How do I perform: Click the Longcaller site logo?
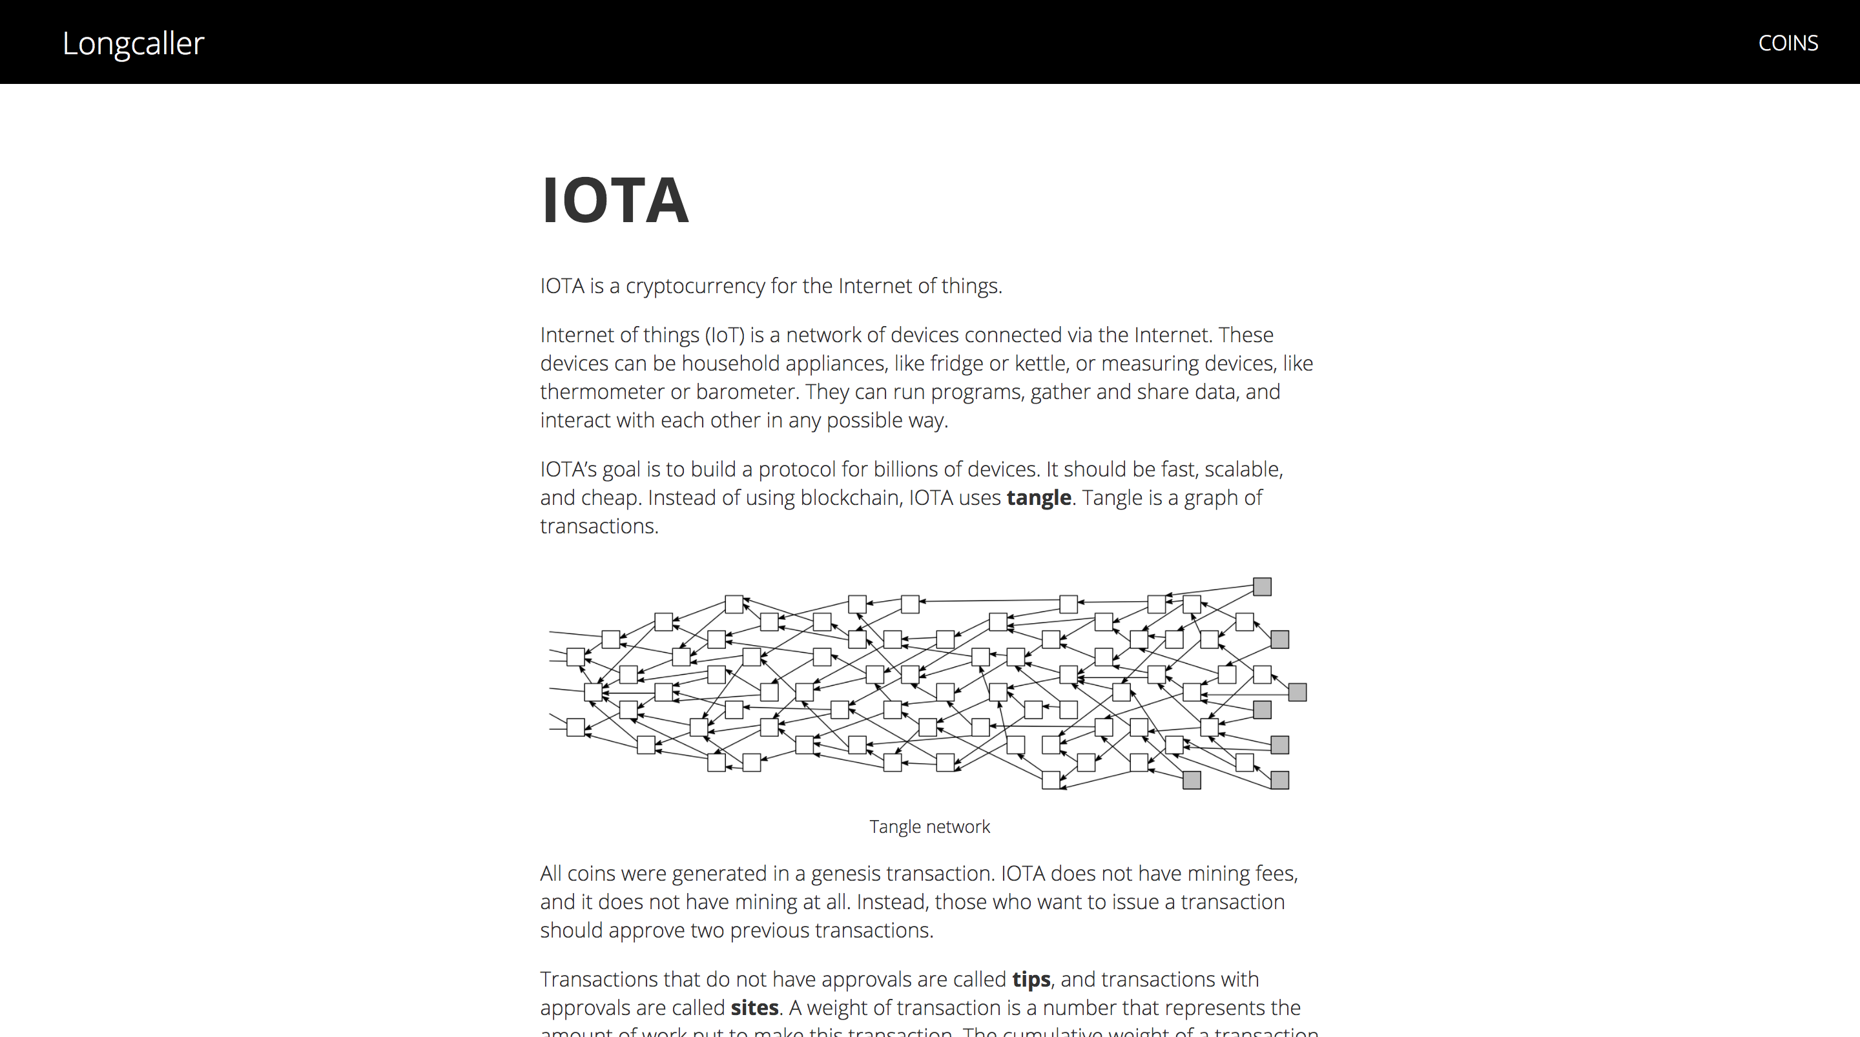133,43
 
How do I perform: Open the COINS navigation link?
1788,43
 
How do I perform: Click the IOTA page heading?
614,200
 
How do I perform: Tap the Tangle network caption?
929,827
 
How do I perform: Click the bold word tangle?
1038,498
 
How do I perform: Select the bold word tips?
1031,980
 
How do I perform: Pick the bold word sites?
754,1007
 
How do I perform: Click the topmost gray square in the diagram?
1262,586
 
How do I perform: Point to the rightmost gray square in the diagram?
1297,693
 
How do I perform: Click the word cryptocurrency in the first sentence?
695,286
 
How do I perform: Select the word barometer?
745,392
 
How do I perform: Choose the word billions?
907,469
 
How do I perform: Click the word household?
730,364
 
